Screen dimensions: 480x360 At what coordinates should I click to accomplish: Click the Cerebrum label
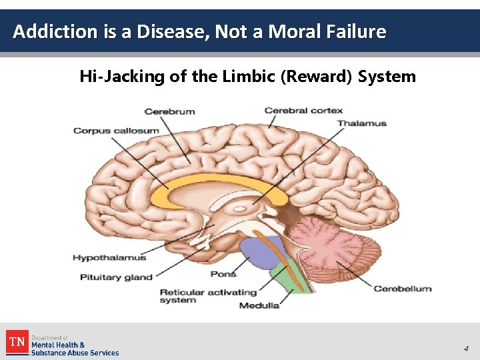click(x=169, y=111)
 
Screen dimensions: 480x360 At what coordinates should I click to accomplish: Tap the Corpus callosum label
click(x=116, y=131)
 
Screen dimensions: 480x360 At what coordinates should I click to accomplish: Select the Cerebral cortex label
click(x=303, y=111)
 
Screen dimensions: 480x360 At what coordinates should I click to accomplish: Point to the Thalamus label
click(x=361, y=123)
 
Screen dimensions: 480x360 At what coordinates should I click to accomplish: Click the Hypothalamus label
click(x=109, y=257)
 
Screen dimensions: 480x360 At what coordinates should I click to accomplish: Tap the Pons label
click(x=223, y=274)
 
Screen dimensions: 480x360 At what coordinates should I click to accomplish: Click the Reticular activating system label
click(x=208, y=296)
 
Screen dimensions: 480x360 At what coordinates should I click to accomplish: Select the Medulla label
click(x=259, y=305)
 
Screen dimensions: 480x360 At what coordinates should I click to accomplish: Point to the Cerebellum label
click(x=402, y=289)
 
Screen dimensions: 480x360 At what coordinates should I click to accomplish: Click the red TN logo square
click(x=17, y=343)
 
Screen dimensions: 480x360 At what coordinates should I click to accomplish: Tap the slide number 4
click(x=466, y=348)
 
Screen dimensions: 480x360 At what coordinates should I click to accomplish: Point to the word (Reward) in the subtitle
click(x=316, y=77)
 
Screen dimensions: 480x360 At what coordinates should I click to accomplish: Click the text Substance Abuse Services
click(x=75, y=353)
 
